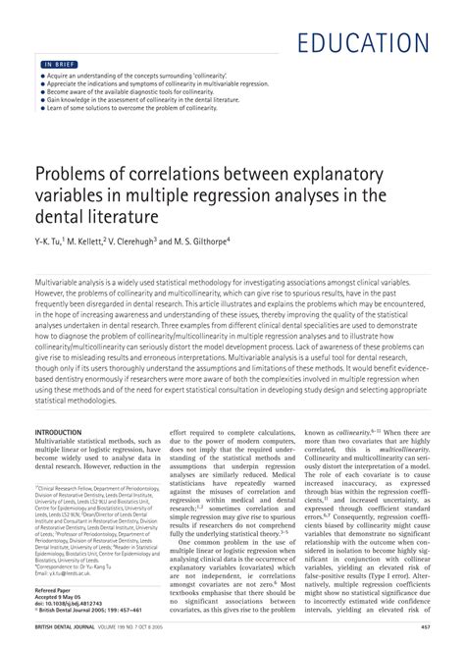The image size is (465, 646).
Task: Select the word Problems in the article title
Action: (x=75, y=174)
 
